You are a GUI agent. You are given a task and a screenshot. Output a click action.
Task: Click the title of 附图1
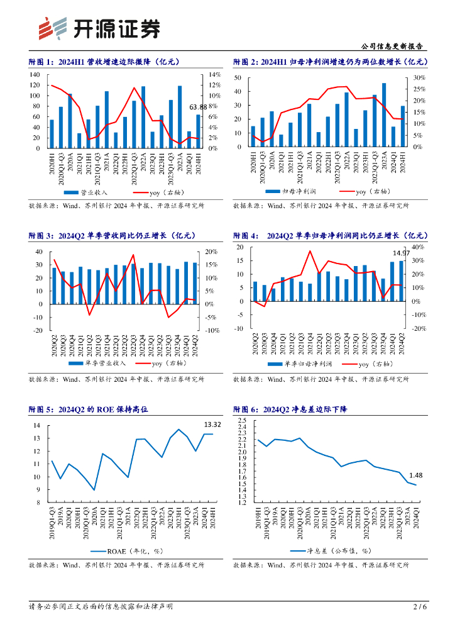[x=105, y=62]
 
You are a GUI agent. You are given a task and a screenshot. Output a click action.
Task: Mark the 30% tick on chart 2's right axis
[x=420, y=78]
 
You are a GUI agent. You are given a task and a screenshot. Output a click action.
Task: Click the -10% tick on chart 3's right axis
[x=212, y=330]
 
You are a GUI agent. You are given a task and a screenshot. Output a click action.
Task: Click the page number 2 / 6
[x=420, y=607]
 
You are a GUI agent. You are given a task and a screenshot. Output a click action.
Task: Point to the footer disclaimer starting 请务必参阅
[x=101, y=607]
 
